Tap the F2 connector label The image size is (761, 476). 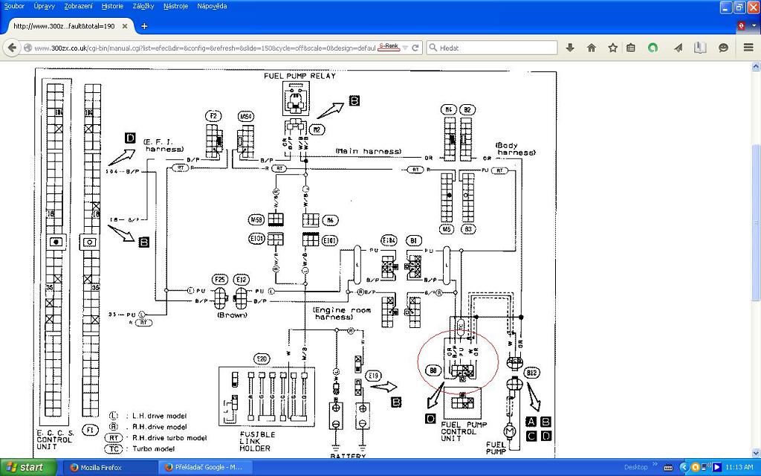click(213, 116)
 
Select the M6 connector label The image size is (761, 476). click(331, 220)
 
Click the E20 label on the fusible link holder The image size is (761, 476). click(262, 359)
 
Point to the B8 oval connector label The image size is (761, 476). click(433, 370)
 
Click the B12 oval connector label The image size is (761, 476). click(531, 372)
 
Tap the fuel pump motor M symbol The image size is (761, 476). click(509, 430)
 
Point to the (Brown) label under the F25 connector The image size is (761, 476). click(232, 315)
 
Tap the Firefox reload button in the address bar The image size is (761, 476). click(415, 48)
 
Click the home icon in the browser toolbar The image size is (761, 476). click(592, 48)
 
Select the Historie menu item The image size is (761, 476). click(112, 6)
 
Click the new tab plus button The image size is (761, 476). click(144, 26)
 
